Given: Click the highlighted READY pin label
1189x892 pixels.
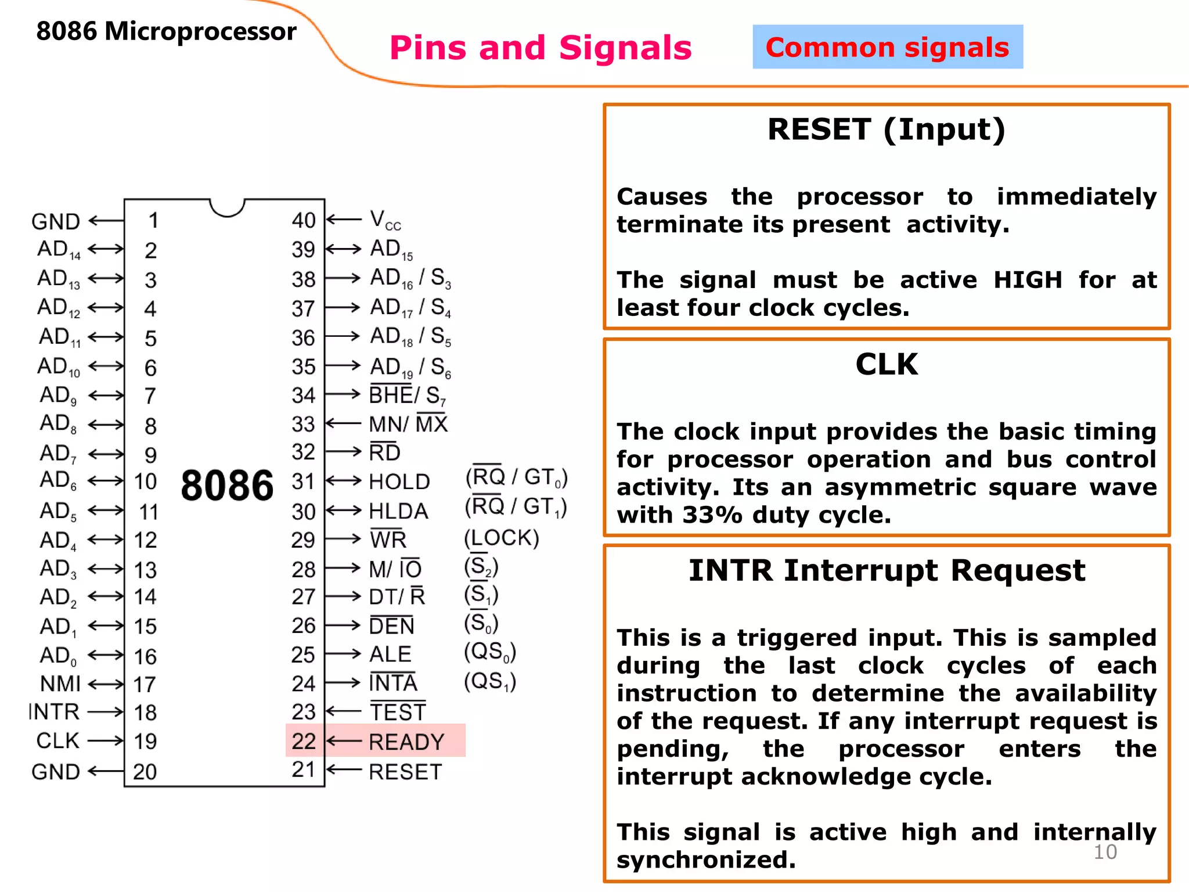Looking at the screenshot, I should point(406,742).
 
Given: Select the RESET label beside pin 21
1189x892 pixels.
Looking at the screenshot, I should point(405,772).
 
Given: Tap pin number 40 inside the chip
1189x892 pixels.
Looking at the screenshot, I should point(304,220).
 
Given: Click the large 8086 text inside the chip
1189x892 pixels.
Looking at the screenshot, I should point(227,485).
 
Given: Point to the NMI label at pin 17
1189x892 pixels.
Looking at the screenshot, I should point(60,684).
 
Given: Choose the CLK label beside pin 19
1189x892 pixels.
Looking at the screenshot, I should point(57,741).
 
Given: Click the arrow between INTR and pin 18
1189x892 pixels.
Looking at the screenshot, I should point(106,712).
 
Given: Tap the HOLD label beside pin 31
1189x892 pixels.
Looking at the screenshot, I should point(399,481).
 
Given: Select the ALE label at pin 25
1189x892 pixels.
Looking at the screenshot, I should point(390,654).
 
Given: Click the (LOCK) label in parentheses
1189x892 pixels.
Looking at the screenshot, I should point(502,538).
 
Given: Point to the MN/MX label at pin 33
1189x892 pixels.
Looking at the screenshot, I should point(408,424).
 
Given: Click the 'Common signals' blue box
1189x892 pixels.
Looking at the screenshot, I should point(887,47).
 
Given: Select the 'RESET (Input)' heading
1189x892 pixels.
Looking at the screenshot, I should point(886,130).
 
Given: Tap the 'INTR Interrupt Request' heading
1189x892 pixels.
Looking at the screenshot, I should point(887,570).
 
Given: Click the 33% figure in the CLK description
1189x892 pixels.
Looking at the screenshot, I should point(712,515).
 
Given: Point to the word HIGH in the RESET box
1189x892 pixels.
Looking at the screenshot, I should point(1028,280).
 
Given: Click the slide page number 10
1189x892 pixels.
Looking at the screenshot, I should point(1105,852).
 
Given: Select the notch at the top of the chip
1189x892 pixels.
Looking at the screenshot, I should point(227,207).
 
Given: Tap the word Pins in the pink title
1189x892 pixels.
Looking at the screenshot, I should point(428,48).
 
